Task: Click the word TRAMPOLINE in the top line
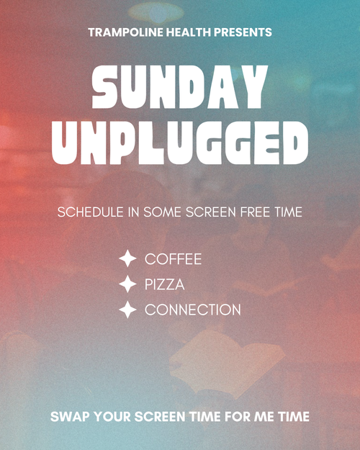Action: [125, 32]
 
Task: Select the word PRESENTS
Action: [243, 32]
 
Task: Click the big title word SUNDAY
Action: [180, 86]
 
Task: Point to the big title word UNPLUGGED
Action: [180, 143]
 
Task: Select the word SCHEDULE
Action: [90, 212]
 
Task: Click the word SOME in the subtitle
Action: [162, 212]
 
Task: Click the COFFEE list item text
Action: [173, 259]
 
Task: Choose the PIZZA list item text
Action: [164, 284]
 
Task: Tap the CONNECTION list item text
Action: [193, 310]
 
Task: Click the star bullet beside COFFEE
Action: [127, 258]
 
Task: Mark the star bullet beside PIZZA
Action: [127, 284]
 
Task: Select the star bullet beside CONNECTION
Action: [127, 310]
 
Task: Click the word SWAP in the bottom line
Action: [70, 417]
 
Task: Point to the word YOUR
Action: [112, 417]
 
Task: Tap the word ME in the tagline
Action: [264, 417]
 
